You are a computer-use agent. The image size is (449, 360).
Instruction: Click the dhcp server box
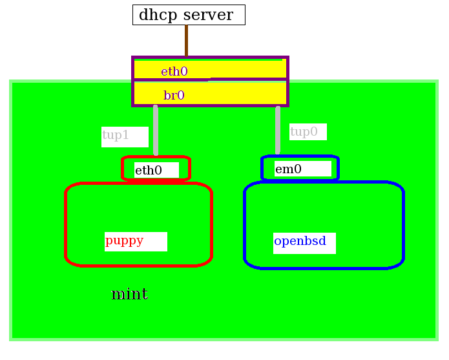click(x=189, y=15)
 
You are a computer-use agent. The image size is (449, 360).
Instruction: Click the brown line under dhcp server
click(x=186, y=40)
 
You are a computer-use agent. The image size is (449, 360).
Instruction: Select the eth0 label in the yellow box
click(x=174, y=72)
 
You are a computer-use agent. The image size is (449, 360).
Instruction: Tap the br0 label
click(x=174, y=96)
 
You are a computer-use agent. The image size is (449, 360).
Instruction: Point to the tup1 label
click(x=116, y=135)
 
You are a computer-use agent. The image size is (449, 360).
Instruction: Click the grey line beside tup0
click(x=278, y=130)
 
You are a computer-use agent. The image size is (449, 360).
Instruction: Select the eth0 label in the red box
click(x=149, y=171)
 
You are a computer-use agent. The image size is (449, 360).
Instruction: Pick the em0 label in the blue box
click(x=289, y=169)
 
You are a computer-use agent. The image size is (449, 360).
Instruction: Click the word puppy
click(x=125, y=240)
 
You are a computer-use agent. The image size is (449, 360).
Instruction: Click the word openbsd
click(x=300, y=241)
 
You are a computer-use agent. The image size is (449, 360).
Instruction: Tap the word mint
click(x=129, y=295)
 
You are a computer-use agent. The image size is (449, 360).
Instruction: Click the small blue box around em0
click(x=335, y=168)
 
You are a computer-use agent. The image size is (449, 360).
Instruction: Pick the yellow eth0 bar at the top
click(x=245, y=69)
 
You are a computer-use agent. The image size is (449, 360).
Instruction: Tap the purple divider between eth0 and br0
click(x=245, y=79)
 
